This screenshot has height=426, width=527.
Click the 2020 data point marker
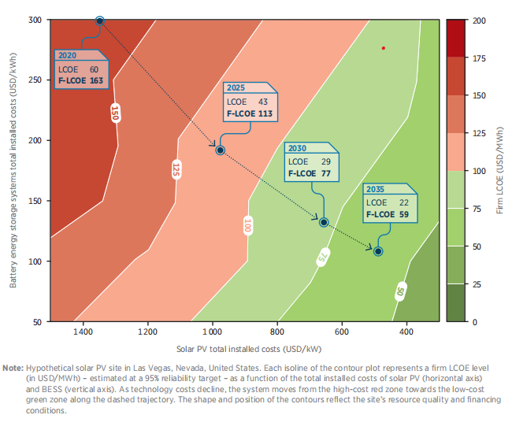click(99, 20)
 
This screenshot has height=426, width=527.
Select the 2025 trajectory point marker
click(220, 150)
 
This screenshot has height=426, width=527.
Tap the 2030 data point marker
click(324, 222)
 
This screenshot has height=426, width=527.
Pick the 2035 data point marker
click(378, 251)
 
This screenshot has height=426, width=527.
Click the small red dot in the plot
click(383, 48)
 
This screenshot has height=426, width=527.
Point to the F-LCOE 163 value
click(80, 80)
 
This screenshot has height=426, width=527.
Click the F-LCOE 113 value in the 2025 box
click(250, 113)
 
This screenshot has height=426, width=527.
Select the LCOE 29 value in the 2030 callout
click(310, 161)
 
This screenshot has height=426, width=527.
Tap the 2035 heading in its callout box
click(375, 189)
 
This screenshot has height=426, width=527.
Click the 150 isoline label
click(115, 113)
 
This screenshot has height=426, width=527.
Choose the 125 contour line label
click(176, 169)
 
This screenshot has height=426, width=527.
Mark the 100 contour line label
click(247, 225)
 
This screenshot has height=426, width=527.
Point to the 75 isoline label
click(323, 257)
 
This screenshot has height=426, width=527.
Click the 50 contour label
click(400, 291)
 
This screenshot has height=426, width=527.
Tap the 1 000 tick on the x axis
click(212, 332)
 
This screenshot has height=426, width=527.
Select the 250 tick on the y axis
click(35, 80)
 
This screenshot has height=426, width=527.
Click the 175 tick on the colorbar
click(479, 58)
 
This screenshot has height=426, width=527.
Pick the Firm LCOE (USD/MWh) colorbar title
click(500, 170)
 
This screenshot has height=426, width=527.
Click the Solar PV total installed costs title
click(249, 349)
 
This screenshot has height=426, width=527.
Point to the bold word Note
click(13, 368)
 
